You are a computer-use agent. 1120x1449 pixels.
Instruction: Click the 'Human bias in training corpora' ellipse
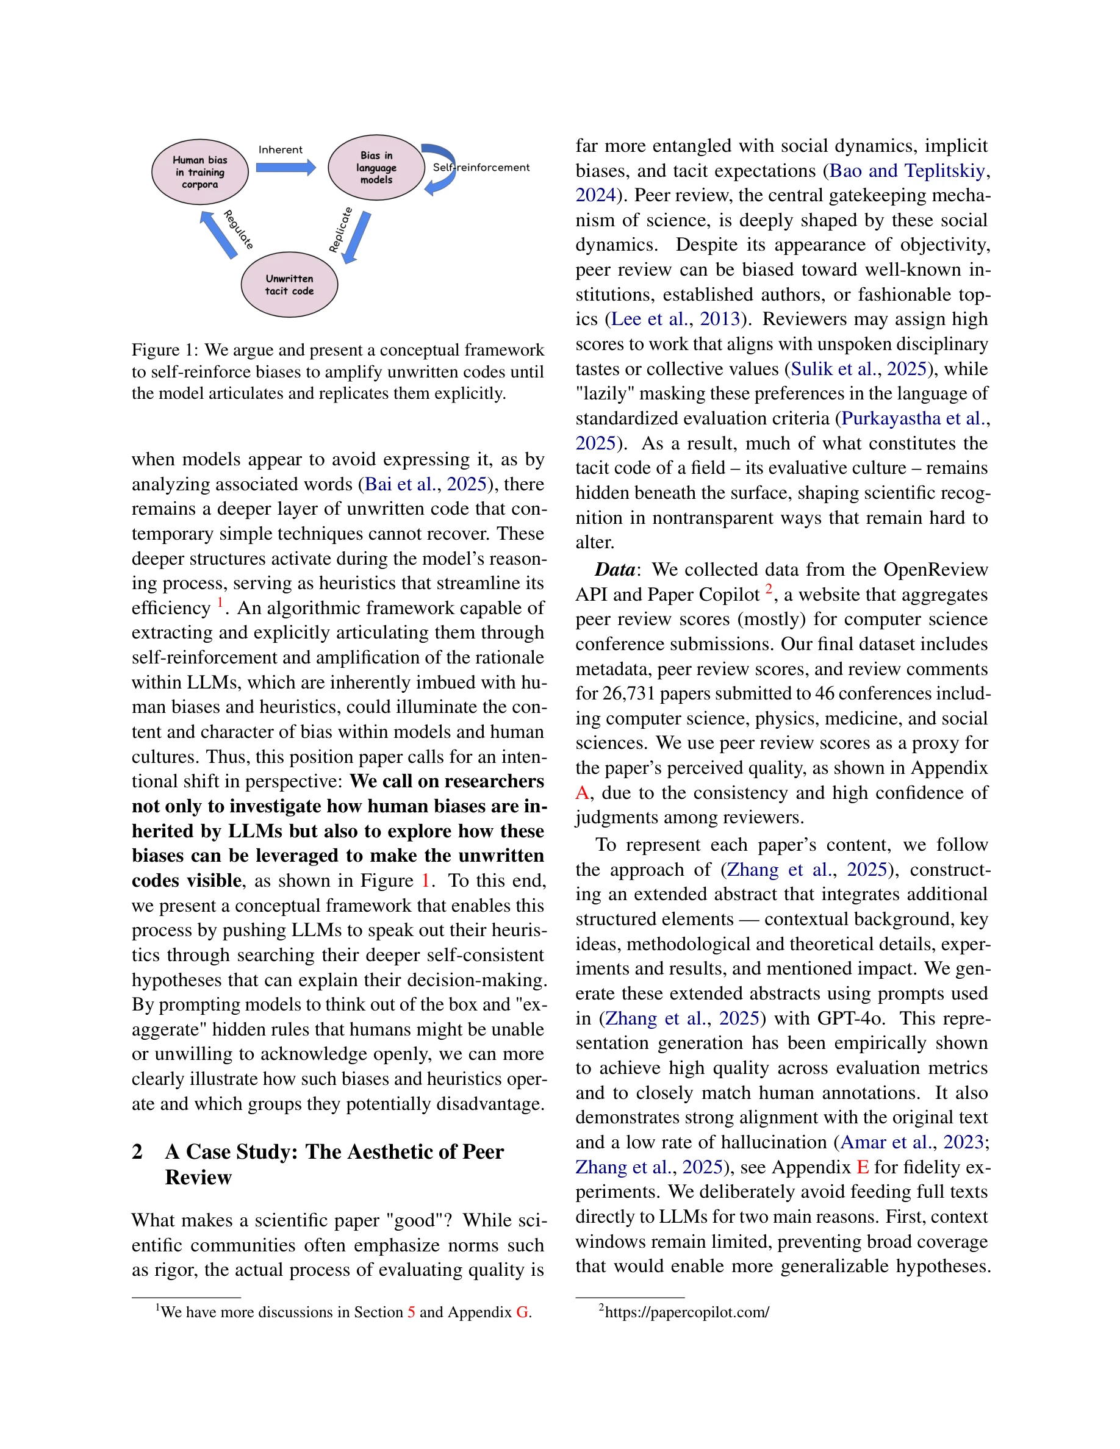199,172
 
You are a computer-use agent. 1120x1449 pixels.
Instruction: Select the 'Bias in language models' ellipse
376,168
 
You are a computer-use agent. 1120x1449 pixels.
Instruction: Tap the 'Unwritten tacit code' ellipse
289,285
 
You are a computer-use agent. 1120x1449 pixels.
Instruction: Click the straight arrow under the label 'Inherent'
286,167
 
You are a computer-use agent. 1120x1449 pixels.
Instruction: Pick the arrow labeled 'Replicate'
357,237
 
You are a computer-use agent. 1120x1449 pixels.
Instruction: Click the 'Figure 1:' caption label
165,349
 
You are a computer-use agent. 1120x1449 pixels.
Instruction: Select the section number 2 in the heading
137,1151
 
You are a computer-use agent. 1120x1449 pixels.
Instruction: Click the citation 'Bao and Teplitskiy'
907,171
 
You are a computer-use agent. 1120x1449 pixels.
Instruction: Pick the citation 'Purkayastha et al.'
911,418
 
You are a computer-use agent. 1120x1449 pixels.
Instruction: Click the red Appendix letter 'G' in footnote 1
522,1312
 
